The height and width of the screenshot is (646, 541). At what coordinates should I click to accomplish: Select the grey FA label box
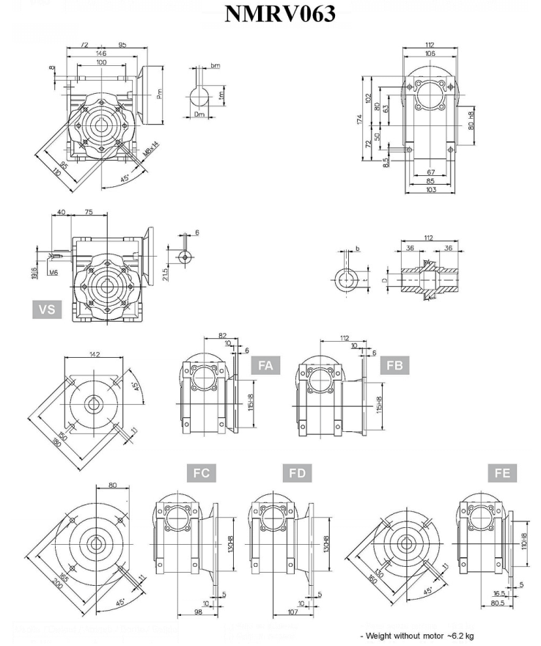(265, 364)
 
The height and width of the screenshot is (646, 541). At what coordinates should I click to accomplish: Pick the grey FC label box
(201, 474)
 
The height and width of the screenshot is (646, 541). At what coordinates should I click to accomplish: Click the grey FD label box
(297, 474)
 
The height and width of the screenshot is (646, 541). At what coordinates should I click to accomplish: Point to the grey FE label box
(502, 474)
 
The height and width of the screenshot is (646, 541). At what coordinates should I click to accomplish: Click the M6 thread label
(54, 272)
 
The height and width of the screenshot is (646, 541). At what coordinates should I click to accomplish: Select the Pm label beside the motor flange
(159, 94)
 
